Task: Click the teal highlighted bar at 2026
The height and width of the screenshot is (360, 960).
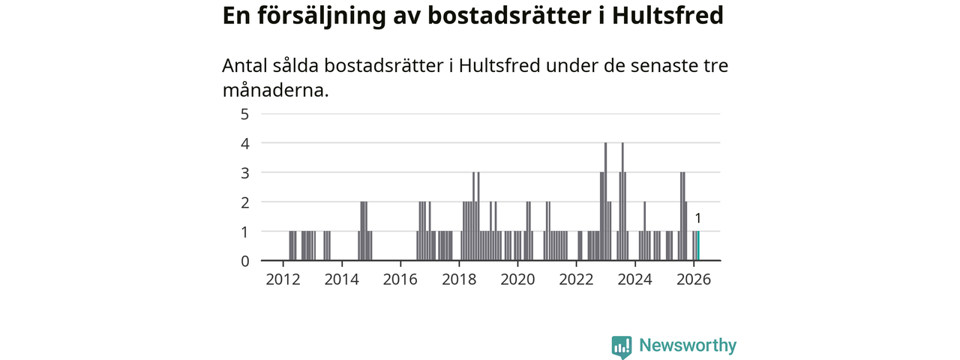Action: (698, 246)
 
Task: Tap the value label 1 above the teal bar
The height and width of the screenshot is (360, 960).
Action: (698, 218)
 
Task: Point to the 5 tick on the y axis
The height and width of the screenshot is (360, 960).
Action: (244, 114)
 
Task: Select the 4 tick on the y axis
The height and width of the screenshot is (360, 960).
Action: (244, 143)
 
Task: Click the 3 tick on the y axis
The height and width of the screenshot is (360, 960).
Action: (244, 172)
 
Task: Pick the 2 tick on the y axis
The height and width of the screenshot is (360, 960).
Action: (244, 202)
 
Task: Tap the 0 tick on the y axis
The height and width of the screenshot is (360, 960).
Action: (244, 261)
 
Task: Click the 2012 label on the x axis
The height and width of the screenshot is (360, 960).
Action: (283, 280)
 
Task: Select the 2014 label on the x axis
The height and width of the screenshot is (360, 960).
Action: (342, 280)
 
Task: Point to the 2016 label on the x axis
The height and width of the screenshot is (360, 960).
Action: (400, 280)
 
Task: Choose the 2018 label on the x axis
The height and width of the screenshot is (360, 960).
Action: (459, 280)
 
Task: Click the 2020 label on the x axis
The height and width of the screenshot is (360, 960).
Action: (517, 280)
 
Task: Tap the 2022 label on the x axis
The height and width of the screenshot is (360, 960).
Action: (577, 280)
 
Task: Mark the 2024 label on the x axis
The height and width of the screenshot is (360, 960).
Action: (635, 280)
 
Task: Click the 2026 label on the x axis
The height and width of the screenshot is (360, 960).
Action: (694, 280)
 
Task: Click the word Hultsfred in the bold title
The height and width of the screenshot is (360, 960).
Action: (667, 16)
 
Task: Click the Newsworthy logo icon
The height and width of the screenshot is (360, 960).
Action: (621, 346)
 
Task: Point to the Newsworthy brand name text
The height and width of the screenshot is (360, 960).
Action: (687, 346)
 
